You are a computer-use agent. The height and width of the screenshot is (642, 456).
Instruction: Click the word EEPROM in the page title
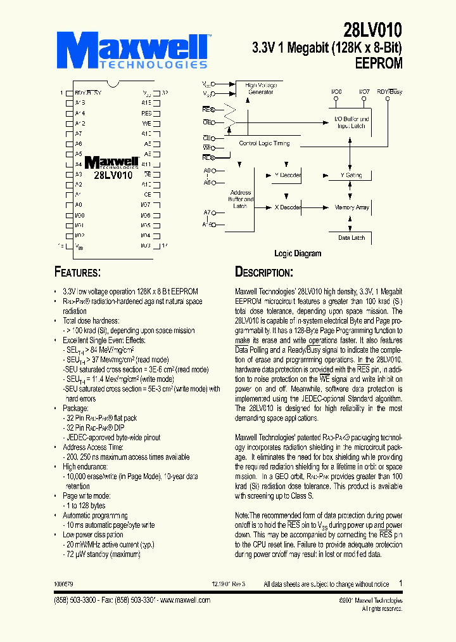click(378, 63)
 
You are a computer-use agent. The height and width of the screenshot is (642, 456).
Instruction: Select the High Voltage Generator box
click(260, 89)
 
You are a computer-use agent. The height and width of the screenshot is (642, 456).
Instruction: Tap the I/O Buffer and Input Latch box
click(352, 122)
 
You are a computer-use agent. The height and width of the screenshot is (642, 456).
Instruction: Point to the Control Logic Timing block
click(264, 143)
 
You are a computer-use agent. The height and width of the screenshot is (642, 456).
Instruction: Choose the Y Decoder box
click(288, 174)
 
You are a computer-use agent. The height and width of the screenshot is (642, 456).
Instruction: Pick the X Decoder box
click(288, 207)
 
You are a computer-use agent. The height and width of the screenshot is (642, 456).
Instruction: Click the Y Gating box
click(352, 175)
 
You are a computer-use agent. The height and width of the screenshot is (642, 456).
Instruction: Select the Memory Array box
click(352, 207)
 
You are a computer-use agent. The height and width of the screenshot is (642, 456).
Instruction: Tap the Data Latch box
click(351, 237)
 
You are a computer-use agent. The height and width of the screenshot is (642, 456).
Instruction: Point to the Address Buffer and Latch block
click(240, 199)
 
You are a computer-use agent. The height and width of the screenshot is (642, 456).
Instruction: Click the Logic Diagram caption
click(297, 254)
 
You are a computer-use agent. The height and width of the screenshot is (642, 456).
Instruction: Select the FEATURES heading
click(78, 273)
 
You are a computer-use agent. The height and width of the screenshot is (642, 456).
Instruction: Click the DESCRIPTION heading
click(264, 273)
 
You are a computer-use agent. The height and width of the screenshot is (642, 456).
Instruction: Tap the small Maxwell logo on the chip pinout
click(111, 163)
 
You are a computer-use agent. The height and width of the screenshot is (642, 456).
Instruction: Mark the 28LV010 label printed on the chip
click(113, 176)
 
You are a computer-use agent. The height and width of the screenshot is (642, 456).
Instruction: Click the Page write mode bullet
click(86, 495)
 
